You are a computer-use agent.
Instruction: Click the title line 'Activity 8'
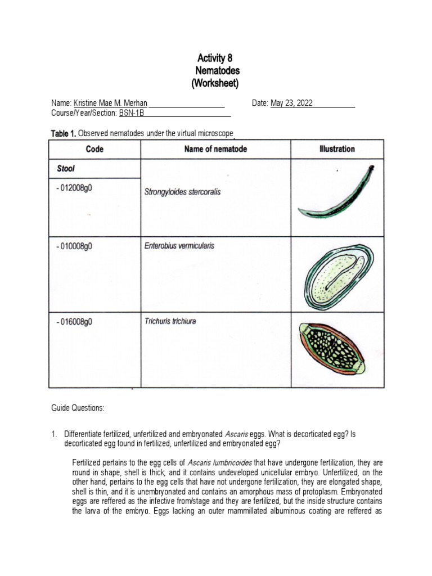(214, 58)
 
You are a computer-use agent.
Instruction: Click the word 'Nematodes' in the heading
(217, 71)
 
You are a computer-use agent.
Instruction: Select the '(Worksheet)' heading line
(215, 83)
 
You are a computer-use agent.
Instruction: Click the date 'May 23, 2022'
(291, 103)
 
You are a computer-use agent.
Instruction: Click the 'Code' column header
(94, 149)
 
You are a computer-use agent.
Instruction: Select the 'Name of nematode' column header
(215, 149)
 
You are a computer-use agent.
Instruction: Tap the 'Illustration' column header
(336, 149)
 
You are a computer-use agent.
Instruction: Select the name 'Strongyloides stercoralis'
(183, 192)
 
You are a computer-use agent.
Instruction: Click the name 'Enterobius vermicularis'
(179, 246)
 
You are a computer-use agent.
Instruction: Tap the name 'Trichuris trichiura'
(170, 322)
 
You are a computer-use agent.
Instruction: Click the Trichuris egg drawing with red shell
(337, 349)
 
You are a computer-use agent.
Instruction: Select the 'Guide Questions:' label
(78, 408)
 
